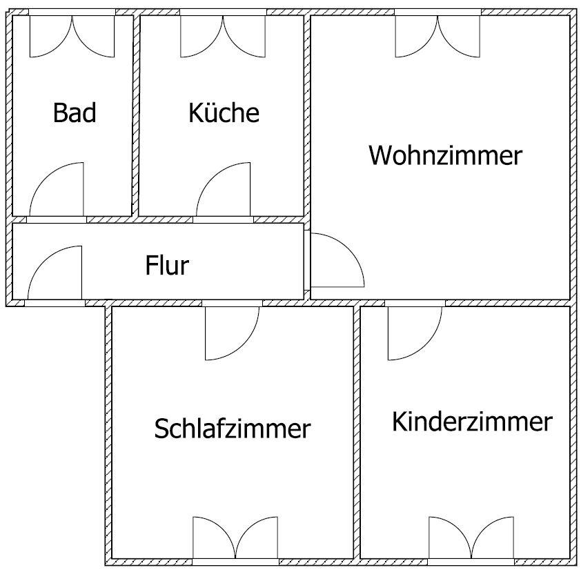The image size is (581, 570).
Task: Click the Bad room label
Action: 75,112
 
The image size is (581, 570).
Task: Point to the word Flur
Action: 167,265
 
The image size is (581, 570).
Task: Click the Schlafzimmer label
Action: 233,429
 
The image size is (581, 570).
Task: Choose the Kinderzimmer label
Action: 472,422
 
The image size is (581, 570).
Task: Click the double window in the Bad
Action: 72,37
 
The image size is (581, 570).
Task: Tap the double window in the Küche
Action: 223,37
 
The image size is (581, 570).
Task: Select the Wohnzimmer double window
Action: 438,37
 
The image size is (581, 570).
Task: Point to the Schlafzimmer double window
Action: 235,538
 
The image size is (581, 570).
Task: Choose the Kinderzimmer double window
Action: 471,538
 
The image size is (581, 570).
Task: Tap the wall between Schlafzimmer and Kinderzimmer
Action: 357,433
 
